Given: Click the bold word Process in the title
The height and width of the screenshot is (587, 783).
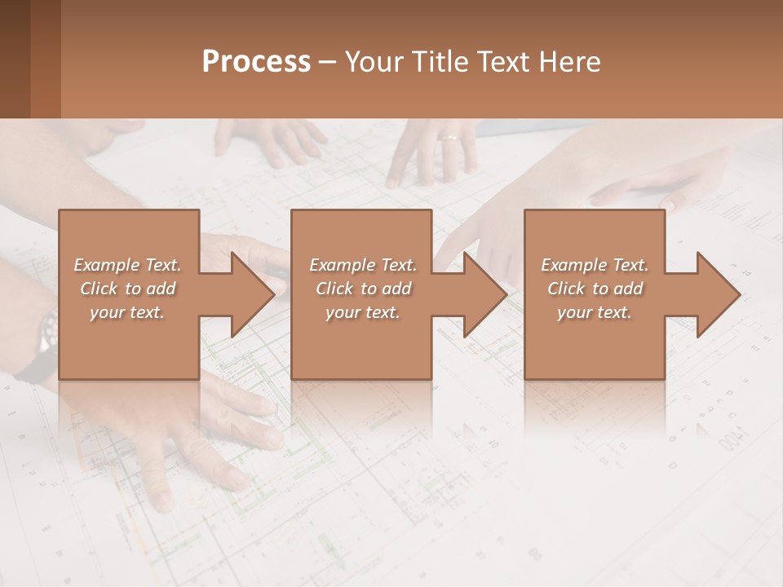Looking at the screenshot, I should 256,61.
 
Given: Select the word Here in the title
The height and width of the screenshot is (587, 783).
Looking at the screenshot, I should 570,61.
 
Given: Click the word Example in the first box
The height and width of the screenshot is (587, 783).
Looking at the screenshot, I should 106,265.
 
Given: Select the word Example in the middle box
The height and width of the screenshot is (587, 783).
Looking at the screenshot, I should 342,265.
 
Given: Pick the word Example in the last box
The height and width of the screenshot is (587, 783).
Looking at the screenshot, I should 573,265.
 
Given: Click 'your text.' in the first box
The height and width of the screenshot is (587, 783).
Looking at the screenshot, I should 127,312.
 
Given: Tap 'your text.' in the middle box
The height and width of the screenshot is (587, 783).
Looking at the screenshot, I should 363,312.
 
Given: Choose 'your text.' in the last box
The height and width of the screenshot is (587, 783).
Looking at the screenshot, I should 595,312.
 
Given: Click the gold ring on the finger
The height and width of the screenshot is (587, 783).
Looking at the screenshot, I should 449,138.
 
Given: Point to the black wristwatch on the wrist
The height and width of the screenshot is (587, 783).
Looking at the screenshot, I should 47,334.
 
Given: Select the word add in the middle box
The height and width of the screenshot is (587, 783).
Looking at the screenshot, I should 396,289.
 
